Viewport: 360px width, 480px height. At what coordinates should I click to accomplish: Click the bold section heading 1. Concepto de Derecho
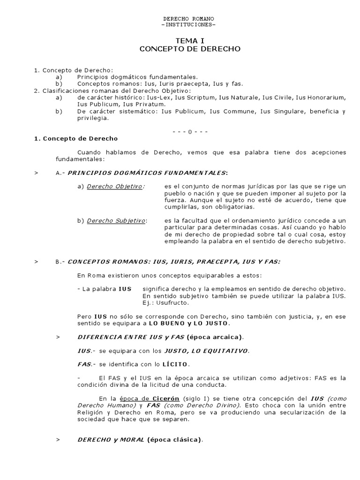pos(75,139)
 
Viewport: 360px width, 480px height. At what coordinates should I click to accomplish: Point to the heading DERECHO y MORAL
pos(111,440)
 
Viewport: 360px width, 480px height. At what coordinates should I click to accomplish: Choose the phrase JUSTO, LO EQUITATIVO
pos(206,351)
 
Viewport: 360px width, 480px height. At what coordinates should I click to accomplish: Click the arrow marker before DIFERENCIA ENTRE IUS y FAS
pos(58,337)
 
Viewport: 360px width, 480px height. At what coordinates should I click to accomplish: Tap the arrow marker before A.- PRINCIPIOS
pos(36,173)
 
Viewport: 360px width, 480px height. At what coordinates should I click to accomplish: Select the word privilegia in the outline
pos(92,118)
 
